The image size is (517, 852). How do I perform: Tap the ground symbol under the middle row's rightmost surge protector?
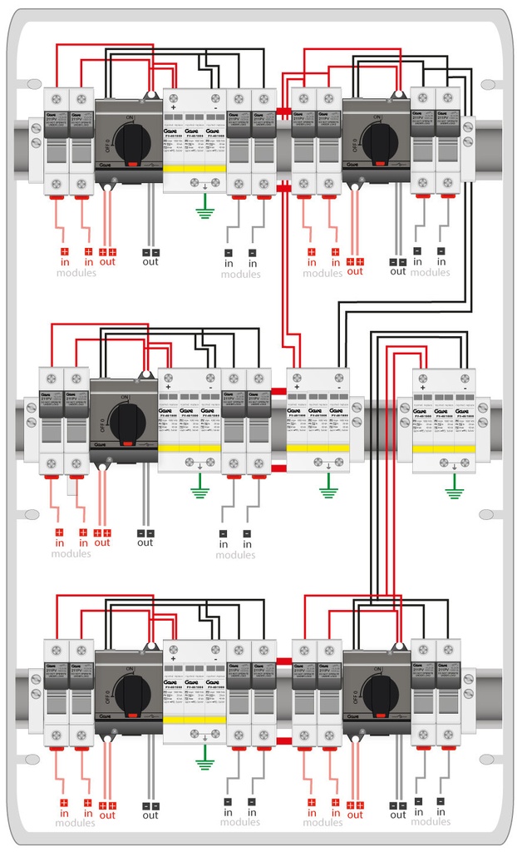[453, 491]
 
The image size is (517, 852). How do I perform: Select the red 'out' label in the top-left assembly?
[107, 260]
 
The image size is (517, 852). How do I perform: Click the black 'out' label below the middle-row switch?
[145, 542]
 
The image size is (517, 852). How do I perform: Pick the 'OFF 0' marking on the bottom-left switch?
[108, 689]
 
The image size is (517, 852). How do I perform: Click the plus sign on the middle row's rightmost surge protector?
[423, 388]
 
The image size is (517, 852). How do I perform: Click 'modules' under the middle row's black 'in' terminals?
[235, 555]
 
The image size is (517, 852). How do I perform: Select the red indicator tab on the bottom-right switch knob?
[380, 714]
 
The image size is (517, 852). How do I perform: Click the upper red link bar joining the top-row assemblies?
[283, 111]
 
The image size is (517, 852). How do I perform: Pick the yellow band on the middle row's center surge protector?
[318, 448]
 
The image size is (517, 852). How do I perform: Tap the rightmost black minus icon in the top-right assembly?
[441, 250]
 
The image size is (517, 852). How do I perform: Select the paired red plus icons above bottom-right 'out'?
[356, 804]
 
